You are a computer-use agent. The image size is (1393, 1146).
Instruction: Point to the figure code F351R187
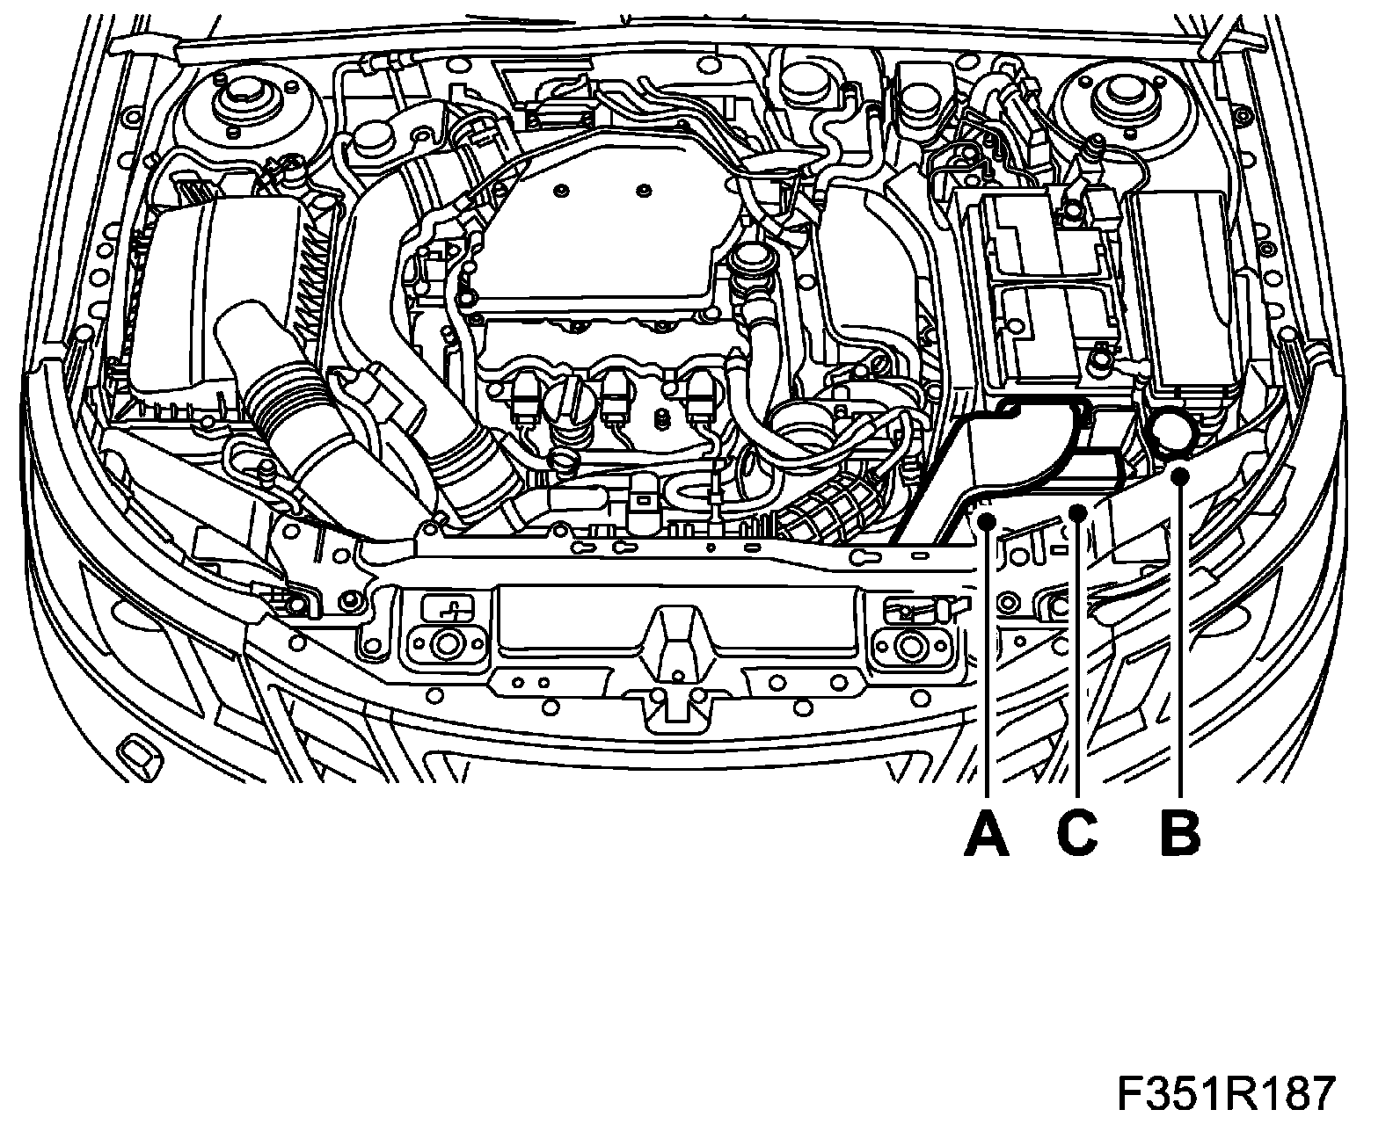point(1226,1095)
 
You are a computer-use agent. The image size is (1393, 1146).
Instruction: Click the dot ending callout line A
point(987,522)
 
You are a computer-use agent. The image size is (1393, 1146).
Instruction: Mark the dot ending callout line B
point(1181,476)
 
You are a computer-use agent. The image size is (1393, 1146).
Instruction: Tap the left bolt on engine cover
point(561,190)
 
